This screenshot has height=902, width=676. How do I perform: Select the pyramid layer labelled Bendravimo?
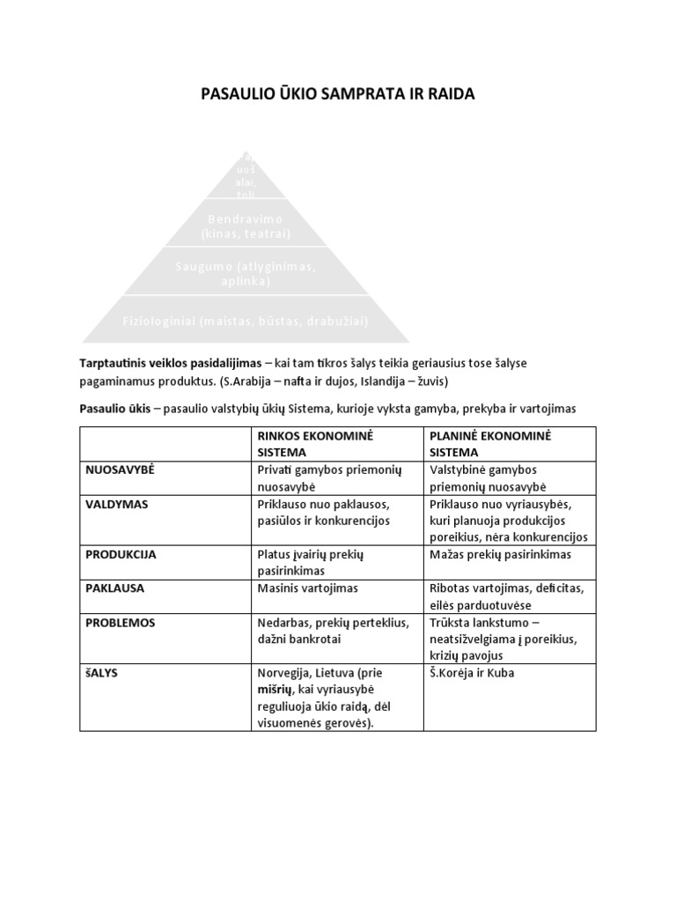click(x=246, y=225)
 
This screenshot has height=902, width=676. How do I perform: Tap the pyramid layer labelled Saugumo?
click(x=246, y=273)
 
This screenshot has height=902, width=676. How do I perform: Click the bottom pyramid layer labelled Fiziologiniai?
click(x=246, y=322)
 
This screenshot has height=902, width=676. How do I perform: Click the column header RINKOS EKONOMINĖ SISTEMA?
click(x=312, y=443)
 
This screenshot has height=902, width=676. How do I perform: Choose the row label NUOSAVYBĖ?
click(x=120, y=469)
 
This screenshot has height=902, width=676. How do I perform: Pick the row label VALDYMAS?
click(x=117, y=504)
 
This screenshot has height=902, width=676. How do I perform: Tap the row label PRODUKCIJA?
click(x=121, y=555)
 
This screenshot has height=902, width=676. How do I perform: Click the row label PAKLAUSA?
click(x=115, y=588)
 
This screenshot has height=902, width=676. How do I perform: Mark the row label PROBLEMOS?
click(x=121, y=622)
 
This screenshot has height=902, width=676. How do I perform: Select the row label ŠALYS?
click(x=102, y=673)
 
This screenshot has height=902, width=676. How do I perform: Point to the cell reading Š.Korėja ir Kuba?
click(x=472, y=673)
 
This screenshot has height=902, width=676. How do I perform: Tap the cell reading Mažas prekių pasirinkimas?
click(x=500, y=555)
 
